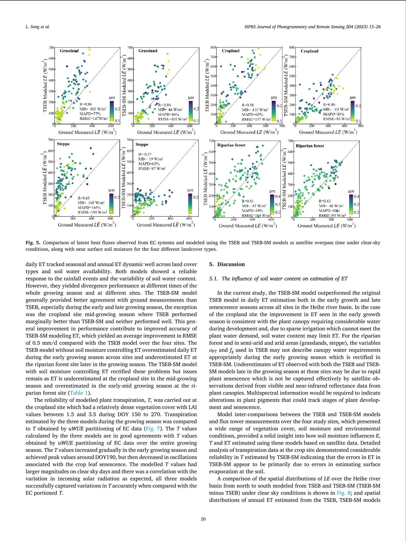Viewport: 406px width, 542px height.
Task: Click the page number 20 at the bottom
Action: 203,519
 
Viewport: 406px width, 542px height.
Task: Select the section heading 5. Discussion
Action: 227,264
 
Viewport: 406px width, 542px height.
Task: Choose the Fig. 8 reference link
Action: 342,493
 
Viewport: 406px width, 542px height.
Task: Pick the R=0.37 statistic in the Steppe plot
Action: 145,154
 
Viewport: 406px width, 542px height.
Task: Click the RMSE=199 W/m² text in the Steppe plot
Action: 91,212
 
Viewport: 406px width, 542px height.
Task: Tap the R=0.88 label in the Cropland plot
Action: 248,105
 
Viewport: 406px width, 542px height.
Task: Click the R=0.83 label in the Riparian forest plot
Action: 324,201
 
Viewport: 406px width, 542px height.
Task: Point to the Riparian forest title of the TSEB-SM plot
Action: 310,146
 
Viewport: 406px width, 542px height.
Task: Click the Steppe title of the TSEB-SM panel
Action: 142,145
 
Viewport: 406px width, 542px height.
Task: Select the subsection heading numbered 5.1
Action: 278,279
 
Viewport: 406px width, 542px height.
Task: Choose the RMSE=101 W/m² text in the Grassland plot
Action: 172,119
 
